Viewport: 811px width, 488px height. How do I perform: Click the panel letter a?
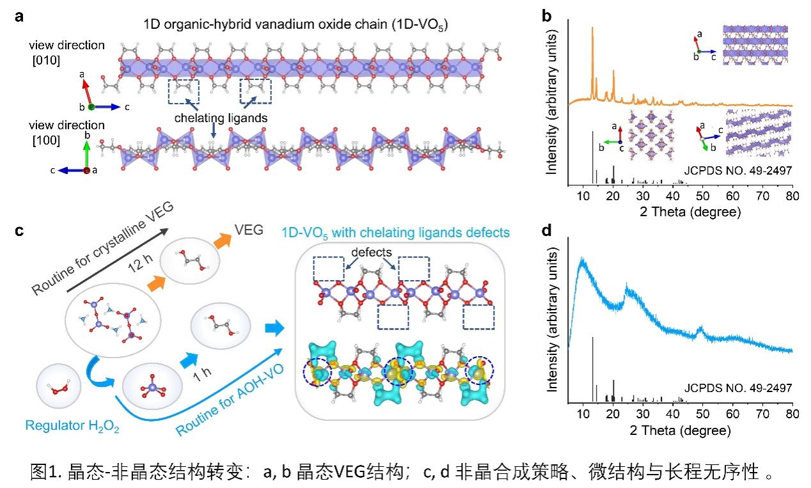20,17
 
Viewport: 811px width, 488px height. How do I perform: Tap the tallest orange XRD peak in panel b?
592,28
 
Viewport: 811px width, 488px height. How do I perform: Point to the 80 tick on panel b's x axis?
792,195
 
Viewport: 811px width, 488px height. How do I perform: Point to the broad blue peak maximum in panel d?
582,260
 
